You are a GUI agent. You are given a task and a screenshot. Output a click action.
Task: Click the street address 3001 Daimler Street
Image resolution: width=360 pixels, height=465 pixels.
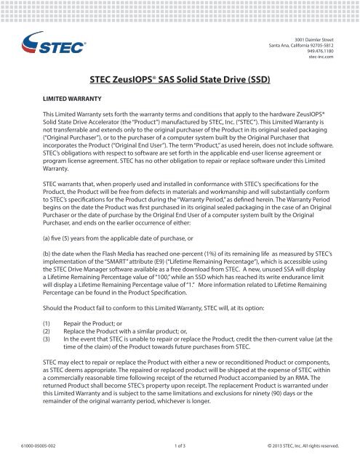313,36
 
